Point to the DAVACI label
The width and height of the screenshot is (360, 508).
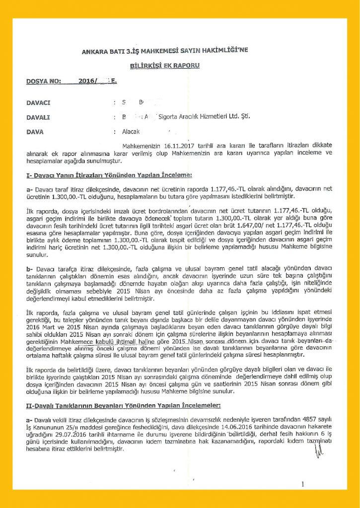coord(39,103)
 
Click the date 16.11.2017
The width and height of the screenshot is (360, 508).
coord(167,145)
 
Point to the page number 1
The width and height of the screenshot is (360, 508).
coord(302,485)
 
